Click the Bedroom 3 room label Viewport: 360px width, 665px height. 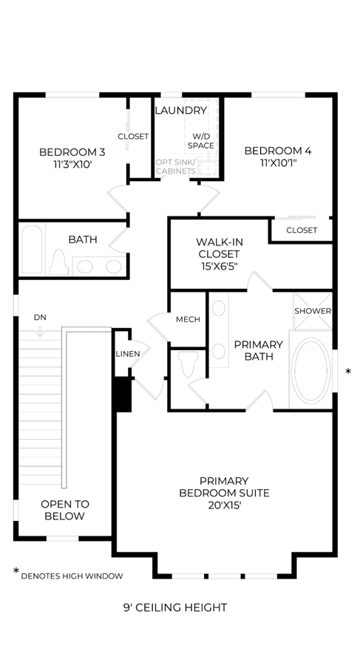pos(72,151)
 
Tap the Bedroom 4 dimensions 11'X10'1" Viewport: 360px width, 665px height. pos(278,163)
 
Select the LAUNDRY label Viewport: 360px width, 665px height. pos(181,111)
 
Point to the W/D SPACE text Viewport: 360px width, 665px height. pos(201,141)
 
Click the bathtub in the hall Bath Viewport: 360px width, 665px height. pos(33,250)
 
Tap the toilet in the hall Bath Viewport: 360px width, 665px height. pos(59,262)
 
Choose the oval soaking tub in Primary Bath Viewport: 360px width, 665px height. pos(310,370)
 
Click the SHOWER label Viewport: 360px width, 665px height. pos(313,311)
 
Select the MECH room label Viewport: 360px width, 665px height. pos(188,319)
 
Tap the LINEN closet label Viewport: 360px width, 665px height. pos(128,354)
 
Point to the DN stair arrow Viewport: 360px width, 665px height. pos(40,331)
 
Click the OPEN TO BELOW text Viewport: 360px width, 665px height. pos(65,510)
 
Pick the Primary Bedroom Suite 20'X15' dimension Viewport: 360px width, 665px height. pos(224,505)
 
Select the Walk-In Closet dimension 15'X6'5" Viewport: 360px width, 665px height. pos(218,266)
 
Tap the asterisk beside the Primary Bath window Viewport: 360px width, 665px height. pos(348,372)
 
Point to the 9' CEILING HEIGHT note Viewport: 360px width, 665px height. pos(175,608)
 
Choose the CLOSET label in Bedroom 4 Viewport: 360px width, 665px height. pos(302,231)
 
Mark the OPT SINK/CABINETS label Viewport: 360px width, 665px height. pos(176,167)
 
